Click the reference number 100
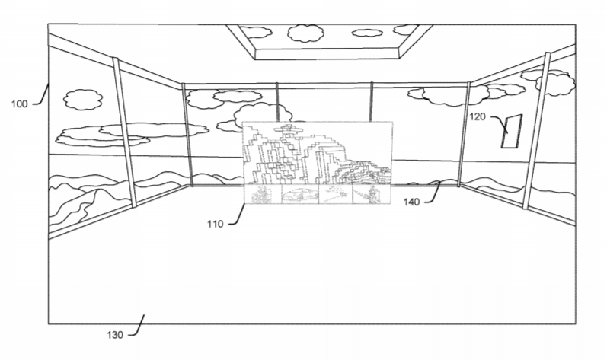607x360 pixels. coord(19,104)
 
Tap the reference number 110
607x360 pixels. coord(216,224)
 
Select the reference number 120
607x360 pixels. coord(478,116)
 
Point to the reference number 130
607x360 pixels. coord(115,335)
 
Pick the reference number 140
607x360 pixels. coord(412,202)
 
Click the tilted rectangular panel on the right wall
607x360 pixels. coord(512,131)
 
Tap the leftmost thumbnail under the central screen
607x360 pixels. coord(262,194)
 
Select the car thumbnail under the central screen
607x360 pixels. coord(299,194)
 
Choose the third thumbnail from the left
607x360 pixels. coord(336,194)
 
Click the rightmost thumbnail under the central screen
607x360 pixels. coord(372,194)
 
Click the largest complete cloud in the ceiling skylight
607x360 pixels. coord(305,33)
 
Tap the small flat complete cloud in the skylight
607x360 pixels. coord(367,33)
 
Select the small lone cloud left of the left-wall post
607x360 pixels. coord(83,100)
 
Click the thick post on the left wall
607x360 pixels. coord(124,132)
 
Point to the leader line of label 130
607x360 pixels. coord(136,326)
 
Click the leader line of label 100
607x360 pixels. coord(41,94)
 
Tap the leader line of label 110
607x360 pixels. coord(237,214)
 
